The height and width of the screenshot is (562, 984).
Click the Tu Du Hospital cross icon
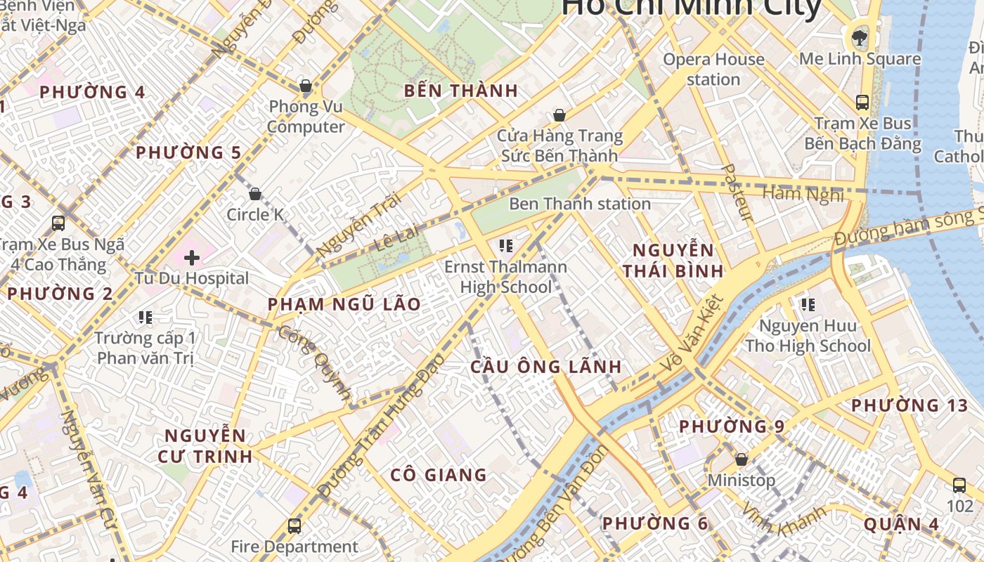pyautogui.click(x=191, y=258)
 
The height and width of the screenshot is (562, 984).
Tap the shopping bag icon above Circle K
pyautogui.click(x=255, y=194)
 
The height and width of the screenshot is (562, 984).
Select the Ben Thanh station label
pyautogui.click(x=580, y=204)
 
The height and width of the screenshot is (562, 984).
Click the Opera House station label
pyautogui.click(x=713, y=69)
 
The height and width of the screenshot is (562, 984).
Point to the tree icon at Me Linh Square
pyautogui.click(x=859, y=37)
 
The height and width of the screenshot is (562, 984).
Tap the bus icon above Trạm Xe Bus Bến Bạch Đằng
pyautogui.click(x=862, y=103)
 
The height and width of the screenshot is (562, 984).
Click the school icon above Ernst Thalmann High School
pyautogui.click(x=505, y=246)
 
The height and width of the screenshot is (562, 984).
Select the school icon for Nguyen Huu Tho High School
pyautogui.click(x=808, y=305)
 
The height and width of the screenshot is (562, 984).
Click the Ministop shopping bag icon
pyautogui.click(x=741, y=460)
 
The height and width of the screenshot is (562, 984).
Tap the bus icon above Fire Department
pyautogui.click(x=294, y=525)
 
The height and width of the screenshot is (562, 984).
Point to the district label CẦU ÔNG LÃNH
pyautogui.click(x=545, y=367)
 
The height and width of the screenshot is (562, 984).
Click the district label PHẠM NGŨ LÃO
pyautogui.click(x=344, y=304)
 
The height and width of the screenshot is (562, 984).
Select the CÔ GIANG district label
pyautogui.click(x=439, y=475)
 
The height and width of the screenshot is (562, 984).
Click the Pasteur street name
pyautogui.click(x=737, y=193)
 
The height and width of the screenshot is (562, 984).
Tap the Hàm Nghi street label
pyautogui.click(x=803, y=194)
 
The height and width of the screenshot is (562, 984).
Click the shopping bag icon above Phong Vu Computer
pyautogui.click(x=305, y=86)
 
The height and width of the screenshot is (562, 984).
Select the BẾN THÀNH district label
pyautogui.click(x=461, y=91)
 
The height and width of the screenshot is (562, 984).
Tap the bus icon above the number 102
pyautogui.click(x=959, y=485)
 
